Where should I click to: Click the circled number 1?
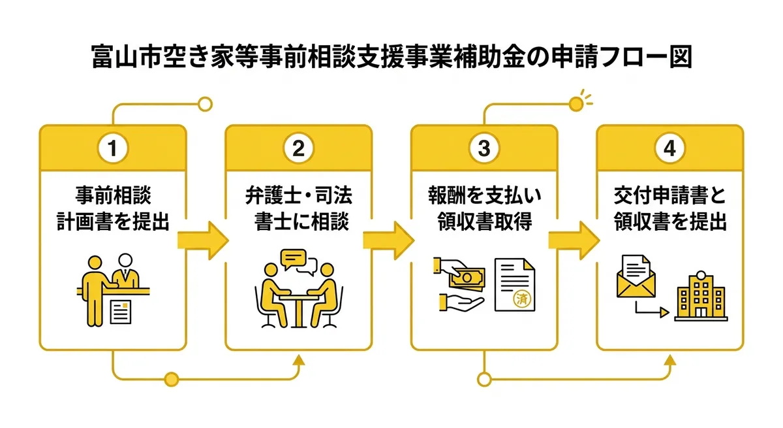pyautogui.click(x=112, y=148)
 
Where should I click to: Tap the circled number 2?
pyautogui.click(x=298, y=148)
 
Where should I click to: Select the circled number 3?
pyautogui.click(x=484, y=148)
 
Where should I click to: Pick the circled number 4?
pyautogui.click(x=669, y=148)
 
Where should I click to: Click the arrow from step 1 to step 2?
pyautogui.click(x=203, y=240)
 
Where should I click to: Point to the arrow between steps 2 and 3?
pyautogui.click(x=389, y=240)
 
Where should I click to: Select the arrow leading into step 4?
pyautogui.click(x=574, y=240)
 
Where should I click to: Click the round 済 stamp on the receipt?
pyautogui.click(x=522, y=299)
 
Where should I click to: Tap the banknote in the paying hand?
pyautogui.click(x=467, y=278)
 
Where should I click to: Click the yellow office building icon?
pyautogui.click(x=701, y=296)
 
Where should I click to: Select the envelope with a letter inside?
pyautogui.click(x=636, y=276)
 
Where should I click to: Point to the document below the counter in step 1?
pyautogui.click(x=121, y=312)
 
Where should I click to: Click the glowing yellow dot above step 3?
pyautogui.click(x=576, y=105)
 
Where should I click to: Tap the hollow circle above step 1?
pyautogui.click(x=205, y=105)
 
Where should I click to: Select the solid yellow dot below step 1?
pyautogui.click(x=171, y=380)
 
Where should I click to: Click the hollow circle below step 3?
pyautogui.click(x=484, y=380)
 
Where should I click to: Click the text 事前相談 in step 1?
pyautogui.click(x=114, y=195)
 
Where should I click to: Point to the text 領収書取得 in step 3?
pyautogui.click(x=484, y=222)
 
